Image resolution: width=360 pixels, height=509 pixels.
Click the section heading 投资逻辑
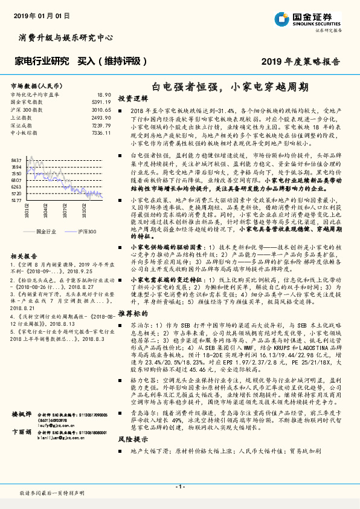[x=132, y=98]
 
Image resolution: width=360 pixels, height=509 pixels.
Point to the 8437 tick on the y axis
[x=16, y=160]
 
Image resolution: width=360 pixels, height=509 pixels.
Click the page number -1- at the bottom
[x=179, y=487]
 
